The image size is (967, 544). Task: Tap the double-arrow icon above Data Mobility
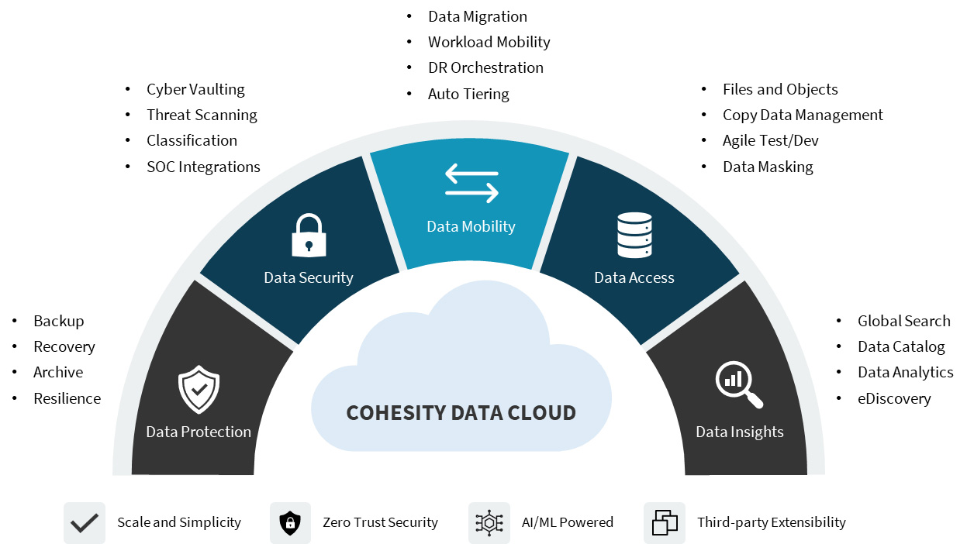coord(471,183)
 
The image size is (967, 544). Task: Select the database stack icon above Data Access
coord(634,236)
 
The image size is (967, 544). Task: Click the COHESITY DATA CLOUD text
coord(461,412)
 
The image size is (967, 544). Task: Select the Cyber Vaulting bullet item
coord(195,89)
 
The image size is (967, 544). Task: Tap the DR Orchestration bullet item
coord(485,67)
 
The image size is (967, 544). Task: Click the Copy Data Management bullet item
coord(803,115)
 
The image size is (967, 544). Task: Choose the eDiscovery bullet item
coord(894,398)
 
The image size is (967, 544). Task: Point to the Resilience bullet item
coord(67,398)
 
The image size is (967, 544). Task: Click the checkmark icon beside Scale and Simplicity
coord(84,523)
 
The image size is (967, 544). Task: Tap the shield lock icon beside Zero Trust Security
coord(290,523)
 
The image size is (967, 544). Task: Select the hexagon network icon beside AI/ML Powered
coord(489,523)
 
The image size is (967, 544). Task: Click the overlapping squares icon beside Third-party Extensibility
coord(665,523)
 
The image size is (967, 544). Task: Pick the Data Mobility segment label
coord(471,226)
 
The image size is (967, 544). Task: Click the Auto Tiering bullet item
coord(468,94)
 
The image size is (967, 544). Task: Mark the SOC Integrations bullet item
coord(203,167)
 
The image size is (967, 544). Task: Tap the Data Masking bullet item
coord(768,167)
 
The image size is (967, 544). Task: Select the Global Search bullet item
coord(903,321)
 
